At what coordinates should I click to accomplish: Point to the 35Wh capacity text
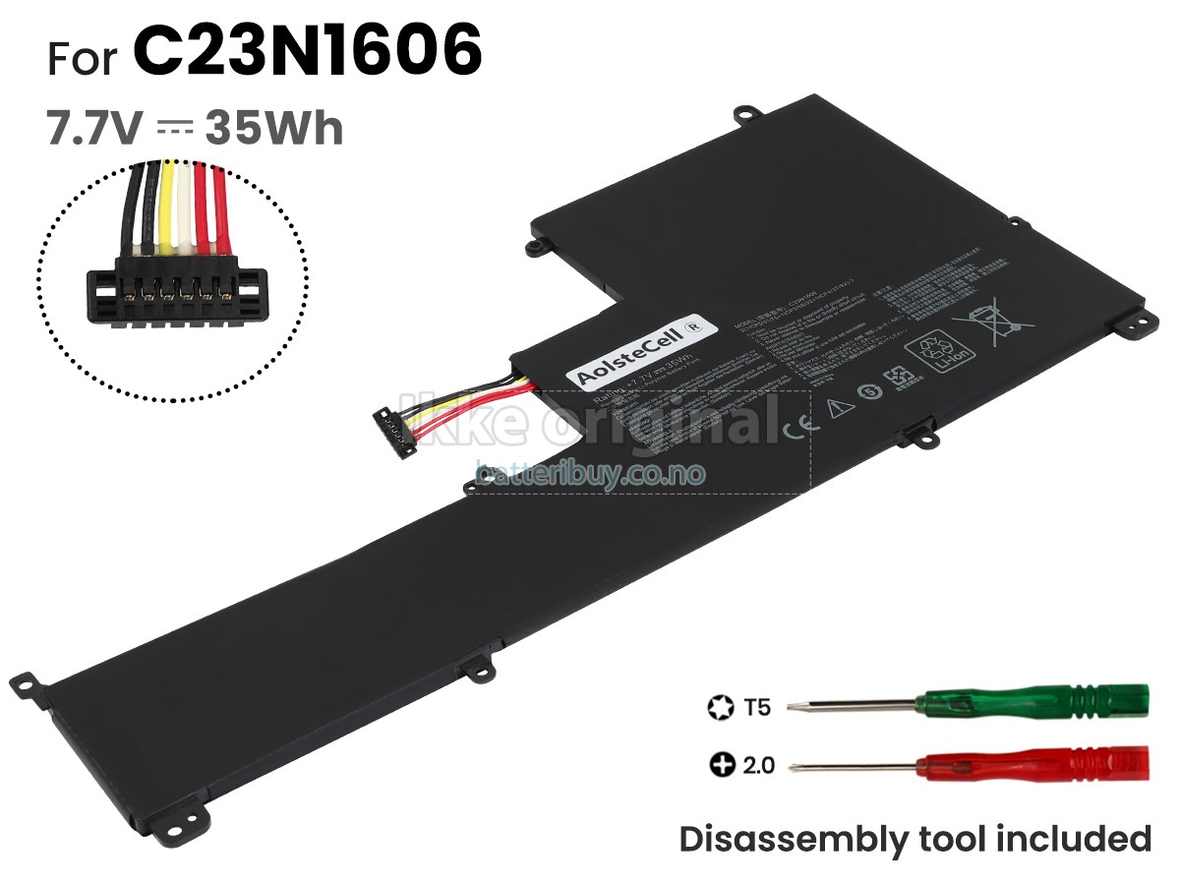pos(273,128)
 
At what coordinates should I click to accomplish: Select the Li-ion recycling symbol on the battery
pos(935,352)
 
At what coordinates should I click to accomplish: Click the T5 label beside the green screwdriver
pos(757,706)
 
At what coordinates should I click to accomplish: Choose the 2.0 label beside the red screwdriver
pos(758,764)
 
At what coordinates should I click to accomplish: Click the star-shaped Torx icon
pos(721,706)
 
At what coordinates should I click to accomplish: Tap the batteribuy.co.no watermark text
pos(590,473)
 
